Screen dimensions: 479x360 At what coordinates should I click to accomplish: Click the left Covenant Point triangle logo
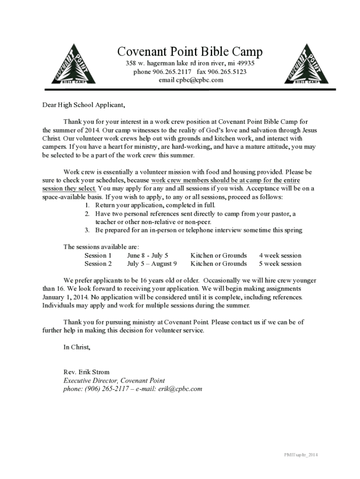coord(73,65)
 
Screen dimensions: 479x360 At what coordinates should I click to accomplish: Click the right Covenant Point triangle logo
coord(306,65)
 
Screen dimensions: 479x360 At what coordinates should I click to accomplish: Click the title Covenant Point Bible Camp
coord(190,51)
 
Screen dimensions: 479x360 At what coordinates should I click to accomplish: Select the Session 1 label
coord(98,255)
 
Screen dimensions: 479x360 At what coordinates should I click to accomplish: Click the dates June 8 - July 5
coord(147,255)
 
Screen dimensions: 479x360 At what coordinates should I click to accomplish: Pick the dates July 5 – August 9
coord(152,264)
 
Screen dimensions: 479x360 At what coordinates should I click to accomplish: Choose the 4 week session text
coord(280,255)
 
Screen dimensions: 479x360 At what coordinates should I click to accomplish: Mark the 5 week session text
coord(280,264)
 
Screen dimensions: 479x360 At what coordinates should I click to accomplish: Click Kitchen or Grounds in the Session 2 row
coord(218,264)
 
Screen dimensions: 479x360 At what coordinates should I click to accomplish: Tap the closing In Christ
coord(77,347)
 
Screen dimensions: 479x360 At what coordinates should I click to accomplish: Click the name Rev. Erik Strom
coord(86,372)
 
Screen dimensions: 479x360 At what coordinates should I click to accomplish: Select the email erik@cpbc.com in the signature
coord(180,389)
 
